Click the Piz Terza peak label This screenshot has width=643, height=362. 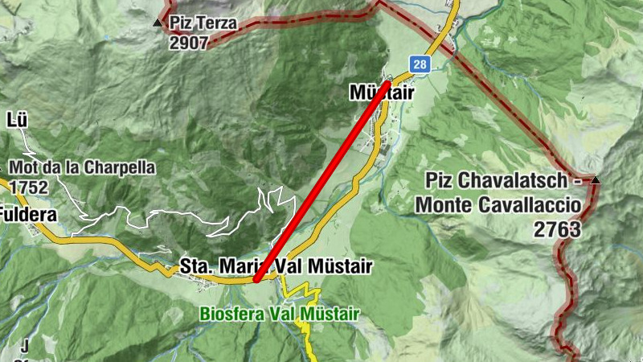coord(203,23)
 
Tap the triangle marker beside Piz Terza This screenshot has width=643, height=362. coord(158,23)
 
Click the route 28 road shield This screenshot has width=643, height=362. coord(419,64)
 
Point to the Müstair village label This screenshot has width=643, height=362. coord(381,93)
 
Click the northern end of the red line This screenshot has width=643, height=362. coord(389,81)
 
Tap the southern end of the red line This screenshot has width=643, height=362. coord(256,280)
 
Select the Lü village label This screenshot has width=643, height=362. coord(17,121)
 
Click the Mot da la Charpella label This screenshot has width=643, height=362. coord(83,169)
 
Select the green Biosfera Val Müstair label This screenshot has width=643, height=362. coord(279,313)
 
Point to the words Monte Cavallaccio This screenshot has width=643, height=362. coord(498,204)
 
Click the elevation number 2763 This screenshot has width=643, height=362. coord(557,229)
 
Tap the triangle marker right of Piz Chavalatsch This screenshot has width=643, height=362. coord(595,180)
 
